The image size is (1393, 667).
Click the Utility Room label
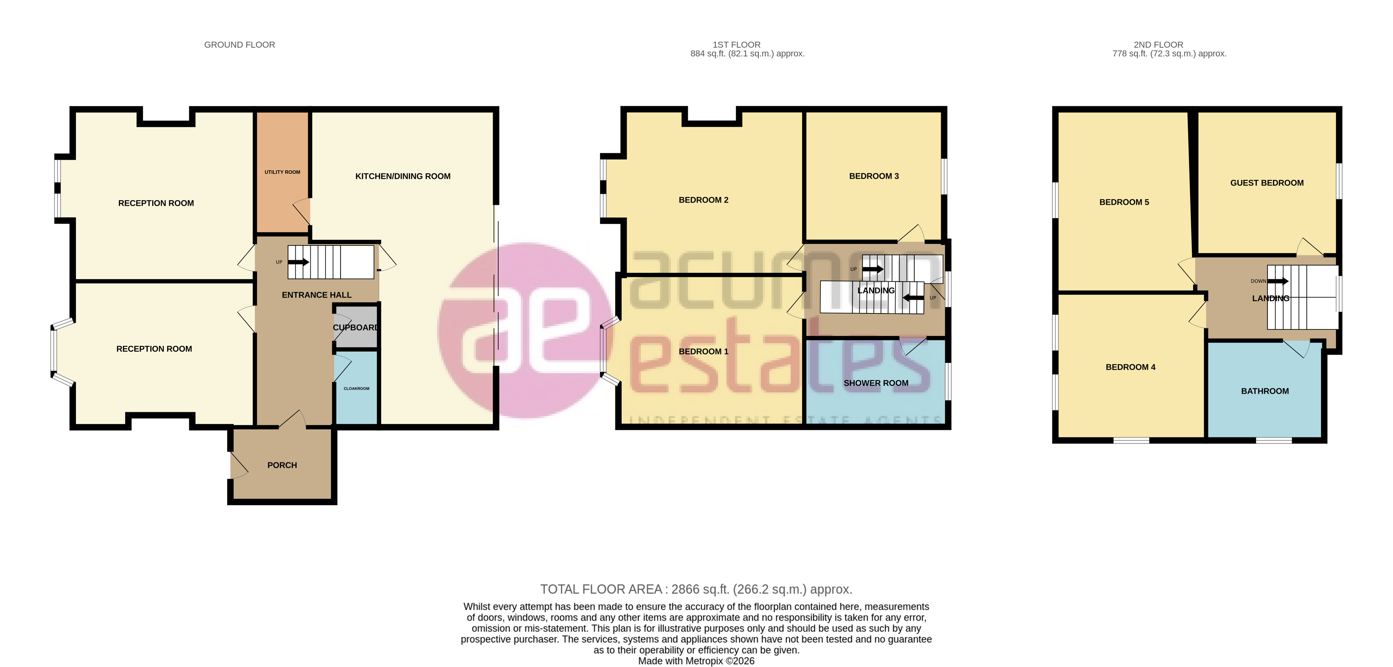pyautogui.click(x=282, y=172)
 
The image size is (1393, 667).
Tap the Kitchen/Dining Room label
pyautogui.click(x=402, y=176)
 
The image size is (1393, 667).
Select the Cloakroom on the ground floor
pyautogui.click(x=356, y=388)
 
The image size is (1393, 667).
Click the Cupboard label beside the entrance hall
pyautogui.click(x=355, y=328)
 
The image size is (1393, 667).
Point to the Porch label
pyautogui.click(x=282, y=465)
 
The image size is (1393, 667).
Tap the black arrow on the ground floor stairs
pyautogui.click(x=298, y=262)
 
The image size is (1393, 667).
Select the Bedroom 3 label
pyautogui.click(x=873, y=176)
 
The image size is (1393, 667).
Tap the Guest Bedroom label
pyautogui.click(x=1267, y=183)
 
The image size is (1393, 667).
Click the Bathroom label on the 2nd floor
pyautogui.click(x=1264, y=391)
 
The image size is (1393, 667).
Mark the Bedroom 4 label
pyautogui.click(x=1130, y=367)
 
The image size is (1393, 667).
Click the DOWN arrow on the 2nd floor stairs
pyautogui.click(x=1278, y=281)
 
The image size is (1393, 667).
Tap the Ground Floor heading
pyautogui.click(x=239, y=45)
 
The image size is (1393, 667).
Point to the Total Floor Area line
pyautogui.click(x=696, y=589)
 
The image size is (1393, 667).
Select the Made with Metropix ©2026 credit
pyautogui.click(x=696, y=661)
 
